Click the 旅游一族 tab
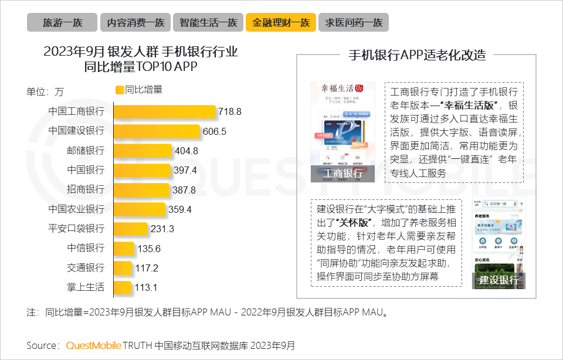point(62,23)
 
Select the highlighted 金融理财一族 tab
point(281,23)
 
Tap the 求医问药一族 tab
point(354,23)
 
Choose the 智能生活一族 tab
point(208,23)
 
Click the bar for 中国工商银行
point(164,111)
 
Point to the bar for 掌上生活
point(122,287)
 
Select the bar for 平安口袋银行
point(130,229)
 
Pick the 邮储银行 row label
point(86,151)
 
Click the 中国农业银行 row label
point(76,209)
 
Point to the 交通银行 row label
point(86,268)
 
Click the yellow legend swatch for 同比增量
point(120,90)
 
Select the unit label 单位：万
point(45,91)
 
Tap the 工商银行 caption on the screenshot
point(342,173)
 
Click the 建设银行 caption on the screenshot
point(498,280)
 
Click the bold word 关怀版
point(355,222)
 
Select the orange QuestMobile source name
point(93,345)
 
